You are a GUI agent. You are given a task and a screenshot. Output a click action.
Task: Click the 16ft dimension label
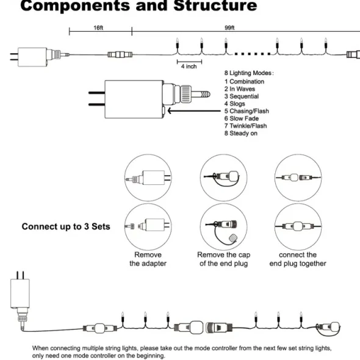coord(98,28)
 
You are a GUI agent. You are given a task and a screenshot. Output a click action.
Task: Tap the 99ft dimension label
coord(229,28)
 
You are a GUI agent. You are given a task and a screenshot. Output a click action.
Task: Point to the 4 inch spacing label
coord(189,67)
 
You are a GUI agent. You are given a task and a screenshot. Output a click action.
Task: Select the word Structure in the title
coord(215,5)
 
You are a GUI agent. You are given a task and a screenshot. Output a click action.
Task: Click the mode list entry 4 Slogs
coord(235,104)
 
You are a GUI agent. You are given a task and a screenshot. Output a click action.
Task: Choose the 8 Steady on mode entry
coord(241,133)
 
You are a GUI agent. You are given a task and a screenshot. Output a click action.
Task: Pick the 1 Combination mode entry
coord(244,82)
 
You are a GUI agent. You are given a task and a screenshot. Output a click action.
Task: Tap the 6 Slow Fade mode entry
coord(242,118)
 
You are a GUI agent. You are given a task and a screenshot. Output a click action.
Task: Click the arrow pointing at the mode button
coord(194,111)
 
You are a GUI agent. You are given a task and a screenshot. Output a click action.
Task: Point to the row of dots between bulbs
coord(253,54)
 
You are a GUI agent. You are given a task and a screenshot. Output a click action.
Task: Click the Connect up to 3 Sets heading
coord(66,226)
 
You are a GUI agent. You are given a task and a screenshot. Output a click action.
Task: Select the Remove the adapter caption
coord(148,259)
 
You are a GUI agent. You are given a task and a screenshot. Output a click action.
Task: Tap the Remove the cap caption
coord(223,255)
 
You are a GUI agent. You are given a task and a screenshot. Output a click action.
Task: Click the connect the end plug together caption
coord(298,259)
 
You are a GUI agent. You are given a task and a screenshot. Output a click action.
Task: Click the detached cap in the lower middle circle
coord(234,237)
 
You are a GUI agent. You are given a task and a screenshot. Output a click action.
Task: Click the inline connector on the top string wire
coord(120,55)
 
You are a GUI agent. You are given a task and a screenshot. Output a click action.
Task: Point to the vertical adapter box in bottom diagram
coord(20,293)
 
